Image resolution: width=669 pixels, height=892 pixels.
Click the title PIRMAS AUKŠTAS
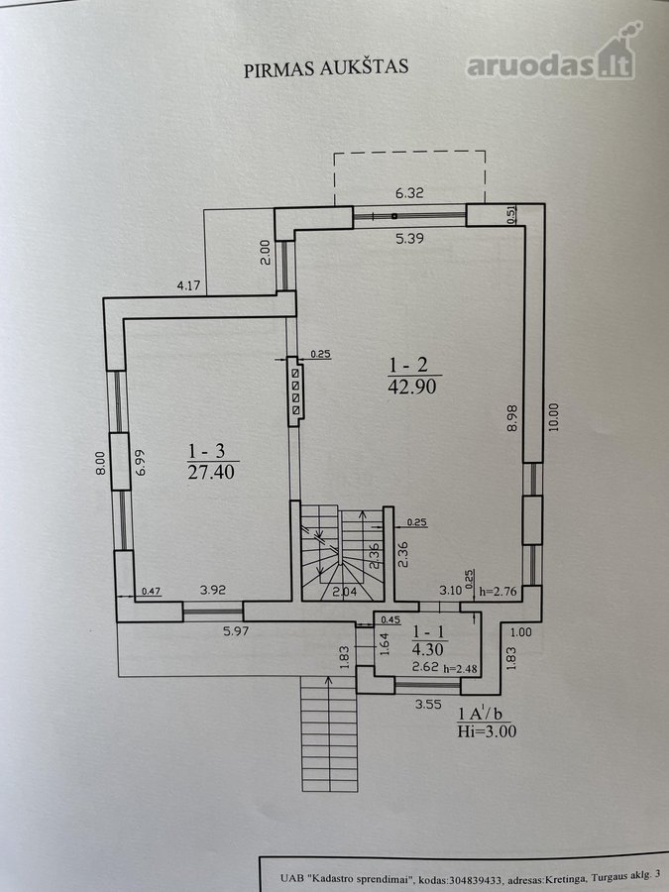tap(326, 67)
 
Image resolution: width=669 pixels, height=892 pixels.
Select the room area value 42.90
tap(412, 387)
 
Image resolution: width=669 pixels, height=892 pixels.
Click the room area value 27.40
tap(211, 472)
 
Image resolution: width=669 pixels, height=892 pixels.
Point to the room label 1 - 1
tap(428, 631)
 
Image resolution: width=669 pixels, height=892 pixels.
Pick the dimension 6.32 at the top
tap(409, 193)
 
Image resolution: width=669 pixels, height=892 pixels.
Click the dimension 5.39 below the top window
tap(409, 238)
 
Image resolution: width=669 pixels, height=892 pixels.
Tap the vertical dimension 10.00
tap(553, 417)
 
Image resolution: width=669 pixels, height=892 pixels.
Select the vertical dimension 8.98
tap(512, 418)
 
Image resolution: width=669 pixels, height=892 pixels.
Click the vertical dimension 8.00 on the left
tap(100, 463)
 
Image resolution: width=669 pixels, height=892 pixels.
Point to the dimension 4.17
tap(188, 285)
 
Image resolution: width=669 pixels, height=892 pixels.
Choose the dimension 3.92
tap(213, 590)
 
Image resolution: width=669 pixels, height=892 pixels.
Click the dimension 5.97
tap(236, 631)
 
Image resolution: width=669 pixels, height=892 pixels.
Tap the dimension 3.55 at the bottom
tap(428, 705)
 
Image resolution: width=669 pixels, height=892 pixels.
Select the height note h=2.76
tap(499, 592)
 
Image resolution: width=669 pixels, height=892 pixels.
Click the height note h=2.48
tap(460, 668)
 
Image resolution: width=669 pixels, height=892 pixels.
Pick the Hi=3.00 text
tap(487, 731)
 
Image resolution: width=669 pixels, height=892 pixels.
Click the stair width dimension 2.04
tap(344, 593)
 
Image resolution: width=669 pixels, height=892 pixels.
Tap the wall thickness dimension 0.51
tap(511, 214)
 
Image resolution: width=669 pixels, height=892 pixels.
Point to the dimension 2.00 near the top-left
tap(265, 253)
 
